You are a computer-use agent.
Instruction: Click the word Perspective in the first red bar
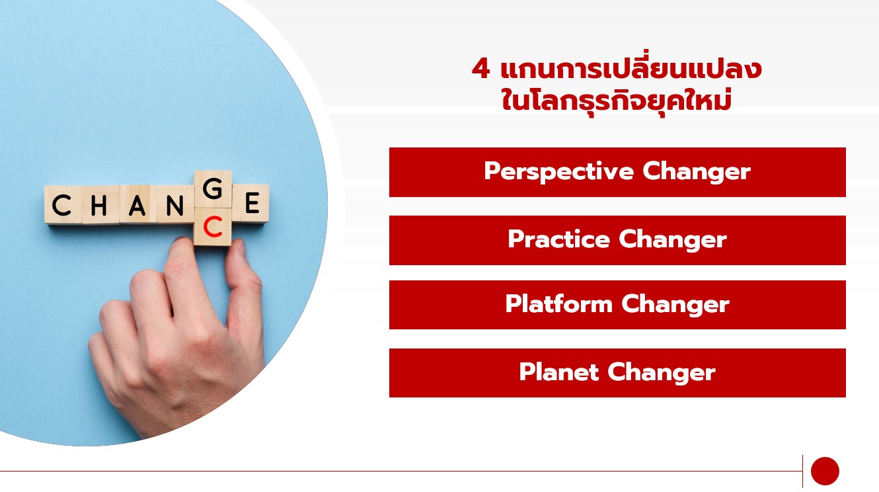pos(559,172)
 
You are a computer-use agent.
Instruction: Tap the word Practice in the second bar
pos(559,239)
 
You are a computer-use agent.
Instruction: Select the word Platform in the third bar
pos(559,304)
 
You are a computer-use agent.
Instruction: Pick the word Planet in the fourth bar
pos(559,372)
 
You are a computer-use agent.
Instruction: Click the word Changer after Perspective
pos(697,172)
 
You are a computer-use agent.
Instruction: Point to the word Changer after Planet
pos(662,372)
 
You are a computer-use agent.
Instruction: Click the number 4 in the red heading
pos(480,69)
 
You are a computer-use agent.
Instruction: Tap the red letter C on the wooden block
pos(213,227)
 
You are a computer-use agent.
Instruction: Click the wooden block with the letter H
pos(100,205)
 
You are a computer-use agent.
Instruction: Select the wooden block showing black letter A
pos(137,204)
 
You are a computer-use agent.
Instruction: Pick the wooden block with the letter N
pos(175,204)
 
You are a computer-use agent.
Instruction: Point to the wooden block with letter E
pos(250,204)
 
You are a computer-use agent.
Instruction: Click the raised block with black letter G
pos(213,189)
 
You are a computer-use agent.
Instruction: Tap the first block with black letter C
pos(63,205)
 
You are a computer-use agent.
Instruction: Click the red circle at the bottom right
pos(825,471)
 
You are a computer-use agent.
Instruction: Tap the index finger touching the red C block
pos(184,275)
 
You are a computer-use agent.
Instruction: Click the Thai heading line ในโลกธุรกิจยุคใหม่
pos(617,101)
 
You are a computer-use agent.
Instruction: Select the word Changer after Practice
pos(673,240)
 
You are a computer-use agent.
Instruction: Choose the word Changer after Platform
pos(675,305)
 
